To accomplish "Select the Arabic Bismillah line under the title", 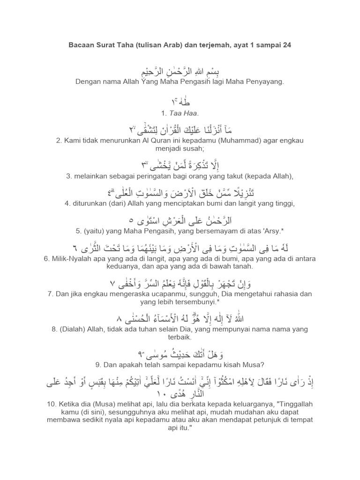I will pyautogui.click(x=180, y=72).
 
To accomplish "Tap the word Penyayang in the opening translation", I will pyautogui.click(x=264, y=82).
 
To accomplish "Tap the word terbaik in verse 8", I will pyautogui.click(x=180, y=338).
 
